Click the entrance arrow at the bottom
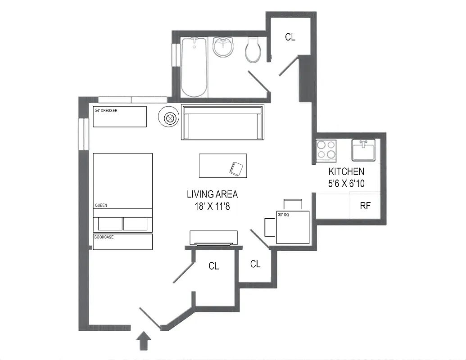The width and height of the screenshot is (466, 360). [x=144, y=341]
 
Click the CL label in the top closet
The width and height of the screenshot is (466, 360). [x=290, y=37]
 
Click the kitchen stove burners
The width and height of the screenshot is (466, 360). [x=326, y=150]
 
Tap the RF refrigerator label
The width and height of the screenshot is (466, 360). [x=365, y=206]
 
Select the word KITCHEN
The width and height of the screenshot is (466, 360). [x=346, y=171]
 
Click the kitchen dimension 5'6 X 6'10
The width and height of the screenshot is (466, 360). [x=346, y=184]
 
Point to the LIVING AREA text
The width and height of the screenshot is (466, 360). [x=212, y=194]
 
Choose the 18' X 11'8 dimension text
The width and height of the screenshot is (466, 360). [x=212, y=207]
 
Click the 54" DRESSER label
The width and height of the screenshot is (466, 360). [x=106, y=110]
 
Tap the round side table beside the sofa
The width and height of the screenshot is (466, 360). [x=170, y=118]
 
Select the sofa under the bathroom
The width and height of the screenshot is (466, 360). [x=222, y=122]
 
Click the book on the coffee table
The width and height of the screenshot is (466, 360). [x=237, y=169]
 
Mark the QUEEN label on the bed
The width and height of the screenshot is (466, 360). [x=100, y=205]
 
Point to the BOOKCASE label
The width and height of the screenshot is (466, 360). [x=104, y=237]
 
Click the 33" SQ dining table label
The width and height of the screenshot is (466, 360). [x=284, y=215]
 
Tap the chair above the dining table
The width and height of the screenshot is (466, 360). [x=293, y=204]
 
